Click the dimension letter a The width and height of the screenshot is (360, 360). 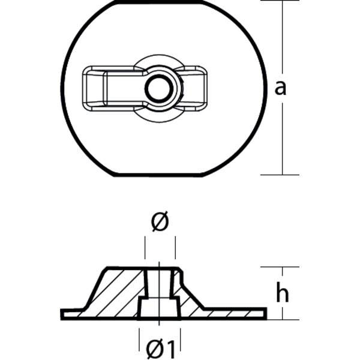[280, 88]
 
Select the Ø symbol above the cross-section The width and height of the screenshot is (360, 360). [160, 223]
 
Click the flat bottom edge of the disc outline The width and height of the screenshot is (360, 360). [162, 176]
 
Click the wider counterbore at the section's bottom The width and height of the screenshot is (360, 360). [159, 308]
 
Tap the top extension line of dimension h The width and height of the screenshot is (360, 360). [280, 267]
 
